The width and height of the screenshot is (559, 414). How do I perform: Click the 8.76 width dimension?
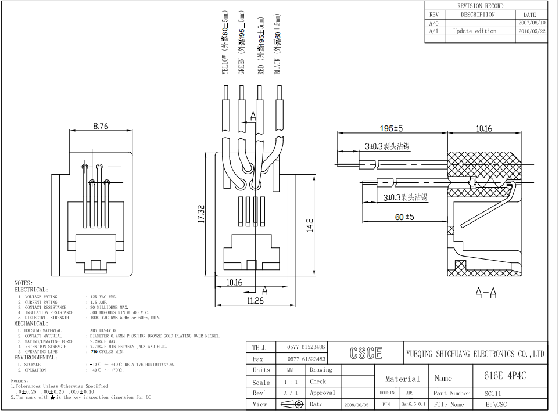pyautogui.click(x=101, y=125)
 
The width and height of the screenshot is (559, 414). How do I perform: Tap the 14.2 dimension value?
pyautogui.click(x=310, y=225)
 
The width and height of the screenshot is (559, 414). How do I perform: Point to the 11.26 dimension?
pyautogui.click(x=256, y=301)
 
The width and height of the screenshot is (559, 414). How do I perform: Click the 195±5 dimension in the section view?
pyautogui.click(x=391, y=128)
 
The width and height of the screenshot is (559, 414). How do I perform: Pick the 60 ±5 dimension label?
pyautogui.click(x=404, y=217)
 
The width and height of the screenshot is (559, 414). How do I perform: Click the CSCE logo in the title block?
pyautogui.click(x=365, y=353)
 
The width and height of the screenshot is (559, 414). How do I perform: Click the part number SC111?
pyautogui.click(x=492, y=393)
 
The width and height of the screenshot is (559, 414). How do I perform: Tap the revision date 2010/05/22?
pyautogui.click(x=531, y=31)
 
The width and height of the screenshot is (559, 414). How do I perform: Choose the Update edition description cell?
pyautogui.click(x=475, y=31)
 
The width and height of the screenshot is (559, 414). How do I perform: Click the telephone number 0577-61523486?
pyautogui.click(x=306, y=347)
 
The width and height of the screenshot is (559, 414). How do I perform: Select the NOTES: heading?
pyautogui.click(x=24, y=283)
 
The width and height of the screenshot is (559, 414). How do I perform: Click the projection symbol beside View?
pyautogui.click(x=292, y=404)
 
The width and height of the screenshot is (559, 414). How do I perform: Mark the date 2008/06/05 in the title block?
pyautogui.click(x=356, y=404)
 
